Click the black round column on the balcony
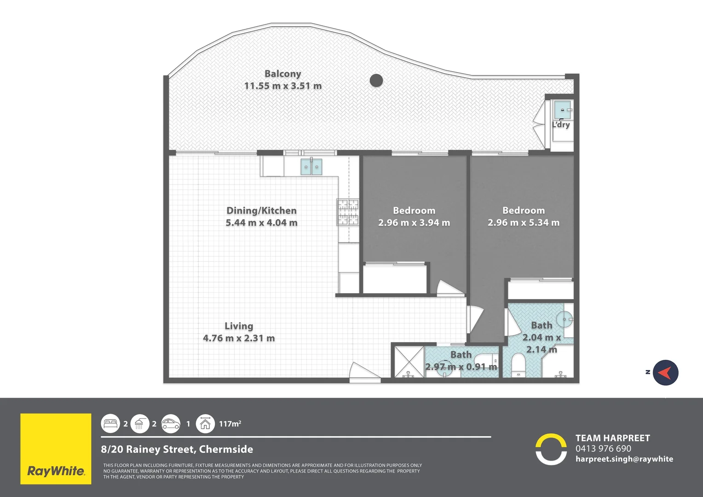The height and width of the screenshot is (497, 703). coord(376,81)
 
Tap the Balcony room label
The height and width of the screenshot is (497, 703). coord(283,74)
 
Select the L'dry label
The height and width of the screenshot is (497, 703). coord(561,124)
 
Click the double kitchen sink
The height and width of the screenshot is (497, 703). coord(311,167)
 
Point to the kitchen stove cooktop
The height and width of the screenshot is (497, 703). coord(348,212)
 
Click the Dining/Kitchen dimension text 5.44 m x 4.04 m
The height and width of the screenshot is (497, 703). coord(261,223)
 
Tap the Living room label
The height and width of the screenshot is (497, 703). coord(239,326)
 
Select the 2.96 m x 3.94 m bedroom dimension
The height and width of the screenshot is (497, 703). coord(414,223)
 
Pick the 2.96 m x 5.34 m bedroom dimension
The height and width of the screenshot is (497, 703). coord(524,223)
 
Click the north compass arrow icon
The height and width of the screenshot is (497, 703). coord(665,373)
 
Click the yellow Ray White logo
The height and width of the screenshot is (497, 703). coord(56,449)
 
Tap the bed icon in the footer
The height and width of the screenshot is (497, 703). coord(110,424)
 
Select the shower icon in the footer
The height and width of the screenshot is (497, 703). coord(140,424)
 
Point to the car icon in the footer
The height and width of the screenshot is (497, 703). coord(171,424)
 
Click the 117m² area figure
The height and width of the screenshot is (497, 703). coord(230,424)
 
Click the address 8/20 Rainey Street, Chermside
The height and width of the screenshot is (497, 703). coord(177,449)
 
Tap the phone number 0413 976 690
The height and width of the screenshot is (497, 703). coord(603,448)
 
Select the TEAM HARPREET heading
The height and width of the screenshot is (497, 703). coord(613,438)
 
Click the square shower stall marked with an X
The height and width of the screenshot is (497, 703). coord(409,362)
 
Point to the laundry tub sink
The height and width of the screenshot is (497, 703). coord(562,110)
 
